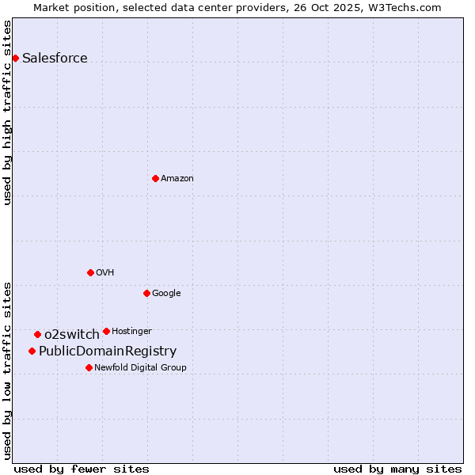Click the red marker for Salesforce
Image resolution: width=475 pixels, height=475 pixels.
(15, 58)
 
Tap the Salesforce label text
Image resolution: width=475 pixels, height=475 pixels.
(55, 58)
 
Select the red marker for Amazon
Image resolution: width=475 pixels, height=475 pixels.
(155, 178)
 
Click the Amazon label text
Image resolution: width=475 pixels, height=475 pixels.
(177, 178)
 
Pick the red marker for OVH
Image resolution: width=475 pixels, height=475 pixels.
(90, 272)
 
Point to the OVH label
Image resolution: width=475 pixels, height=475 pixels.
(105, 272)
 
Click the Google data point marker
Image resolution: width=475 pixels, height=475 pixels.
(146, 293)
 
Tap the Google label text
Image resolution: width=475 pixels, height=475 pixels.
(166, 293)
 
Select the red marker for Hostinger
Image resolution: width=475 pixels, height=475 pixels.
(106, 331)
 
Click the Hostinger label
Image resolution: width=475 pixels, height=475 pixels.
(131, 331)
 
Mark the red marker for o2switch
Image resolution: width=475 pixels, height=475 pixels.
(37, 334)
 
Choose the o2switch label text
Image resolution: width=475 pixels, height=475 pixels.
(72, 334)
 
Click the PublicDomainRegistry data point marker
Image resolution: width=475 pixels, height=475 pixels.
(32, 351)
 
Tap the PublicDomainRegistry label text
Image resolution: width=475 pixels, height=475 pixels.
(108, 351)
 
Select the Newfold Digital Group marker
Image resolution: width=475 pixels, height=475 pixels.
(89, 367)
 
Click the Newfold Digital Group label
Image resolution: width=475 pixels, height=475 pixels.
(140, 367)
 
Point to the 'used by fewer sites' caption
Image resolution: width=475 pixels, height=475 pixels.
(82, 469)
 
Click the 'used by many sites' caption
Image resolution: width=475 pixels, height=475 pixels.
(397, 469)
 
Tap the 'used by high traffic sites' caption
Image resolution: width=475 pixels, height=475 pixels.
(7, 112)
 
